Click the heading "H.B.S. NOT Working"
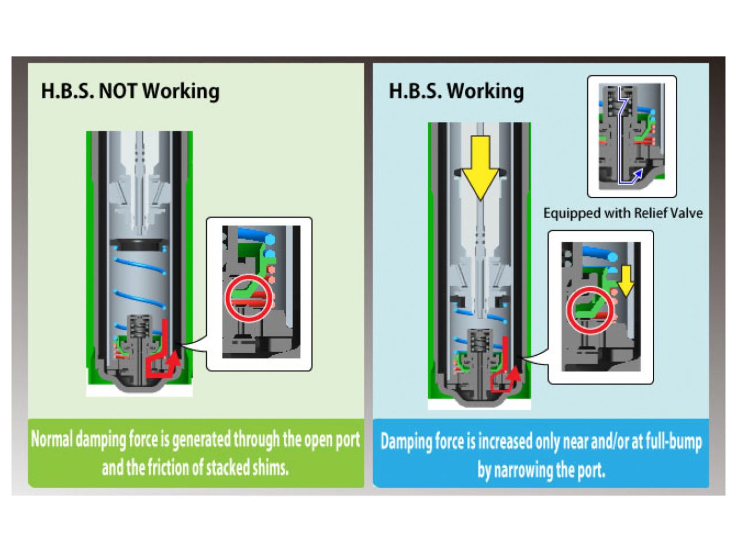click(x=130, y=91)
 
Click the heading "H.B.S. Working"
click(x=456, y=91)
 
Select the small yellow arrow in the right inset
click(x=626, y=281)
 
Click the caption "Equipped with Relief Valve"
click(x=622, y=214)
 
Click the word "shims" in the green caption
click(x=270, y=467)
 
